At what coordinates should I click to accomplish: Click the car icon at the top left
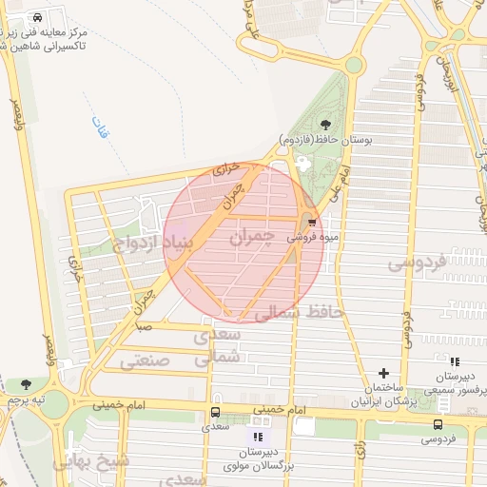point(36,18)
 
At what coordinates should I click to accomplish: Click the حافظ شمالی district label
point(301,312)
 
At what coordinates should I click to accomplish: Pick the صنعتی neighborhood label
point(144,360)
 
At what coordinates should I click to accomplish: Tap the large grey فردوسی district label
point(419,263)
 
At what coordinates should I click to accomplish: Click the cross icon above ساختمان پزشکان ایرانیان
point(383,374)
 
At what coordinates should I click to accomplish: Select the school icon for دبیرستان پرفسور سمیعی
point(455,361)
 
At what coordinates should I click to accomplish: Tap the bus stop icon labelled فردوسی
point(438,424)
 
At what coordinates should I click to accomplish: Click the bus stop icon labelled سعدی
point(215,413)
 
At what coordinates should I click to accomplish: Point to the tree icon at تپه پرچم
point(25,385)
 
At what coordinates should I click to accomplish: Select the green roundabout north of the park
point(354,65)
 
